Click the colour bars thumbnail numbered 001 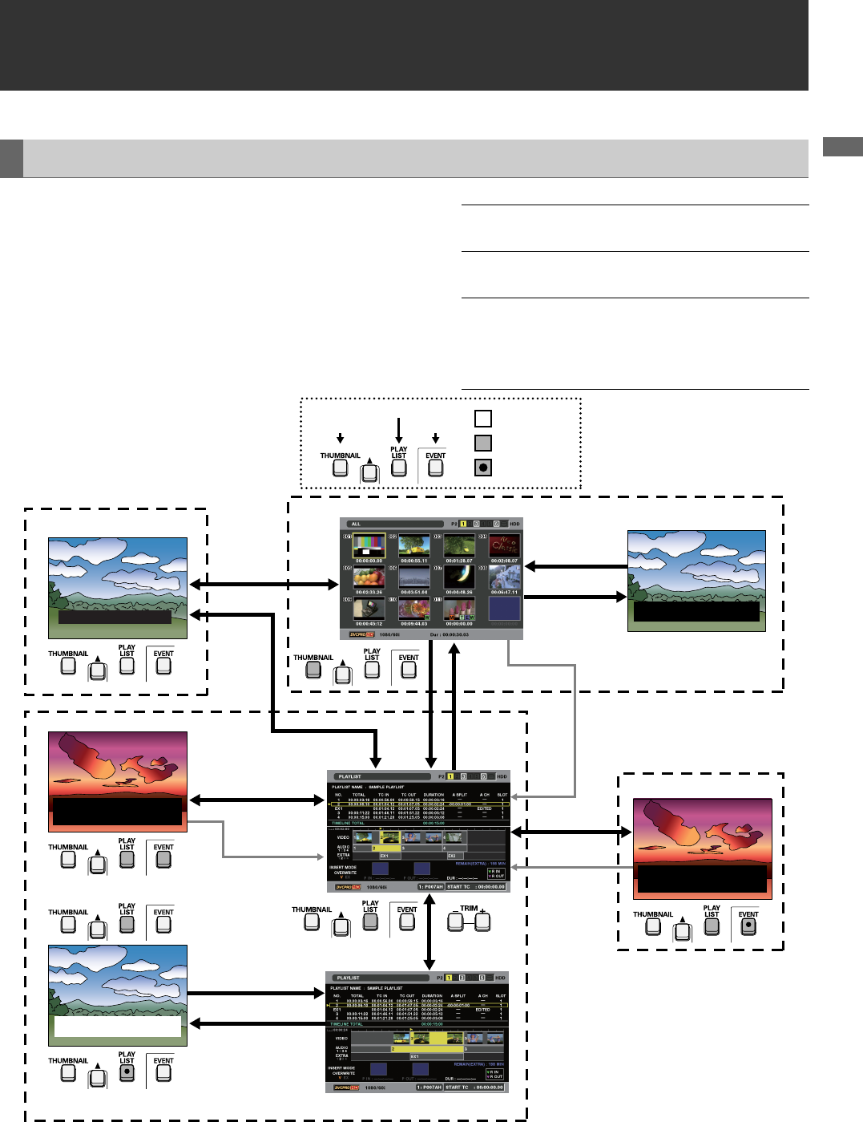point(369,547)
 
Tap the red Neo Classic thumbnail point(504,547)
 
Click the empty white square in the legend point(482,419)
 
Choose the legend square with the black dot point(482,468)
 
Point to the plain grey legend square point(482,443)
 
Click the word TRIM point(469,909)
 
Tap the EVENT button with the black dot point(748,926)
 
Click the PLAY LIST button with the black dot point(127,1071)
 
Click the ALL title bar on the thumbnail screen point(393,524)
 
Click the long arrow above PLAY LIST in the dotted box point(399,430)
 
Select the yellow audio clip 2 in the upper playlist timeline point(385,848)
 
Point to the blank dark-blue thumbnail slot point(504,609)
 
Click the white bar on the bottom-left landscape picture point(118,1027)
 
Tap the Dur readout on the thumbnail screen point(450,634)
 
